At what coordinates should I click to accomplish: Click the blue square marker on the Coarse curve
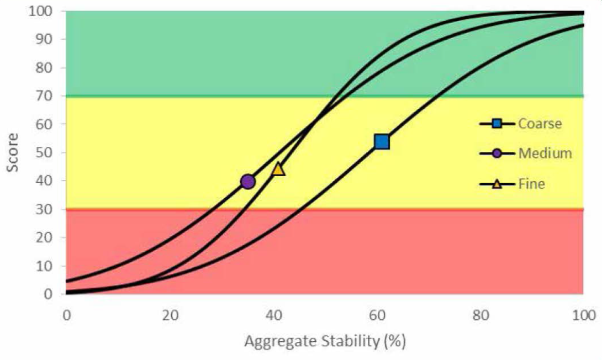[382, 142]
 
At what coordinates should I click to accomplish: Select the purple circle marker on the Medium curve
[248, 181]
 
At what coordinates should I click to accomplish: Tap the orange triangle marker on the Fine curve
[278, 169]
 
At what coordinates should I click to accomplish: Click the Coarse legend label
[540, 124]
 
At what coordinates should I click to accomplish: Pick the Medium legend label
[545, 153]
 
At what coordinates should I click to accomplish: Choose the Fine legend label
[531, 183]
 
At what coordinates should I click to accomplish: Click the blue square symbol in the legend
[497, 124]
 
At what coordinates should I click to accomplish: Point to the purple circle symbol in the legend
[497, 153]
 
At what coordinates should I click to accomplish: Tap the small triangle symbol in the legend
[497, 183]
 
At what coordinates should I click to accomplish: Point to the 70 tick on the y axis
[45, 96]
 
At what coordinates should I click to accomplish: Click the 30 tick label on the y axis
[45, 209]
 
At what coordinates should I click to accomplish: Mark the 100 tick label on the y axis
[42, 11]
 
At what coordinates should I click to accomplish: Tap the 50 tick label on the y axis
[45, 153]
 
